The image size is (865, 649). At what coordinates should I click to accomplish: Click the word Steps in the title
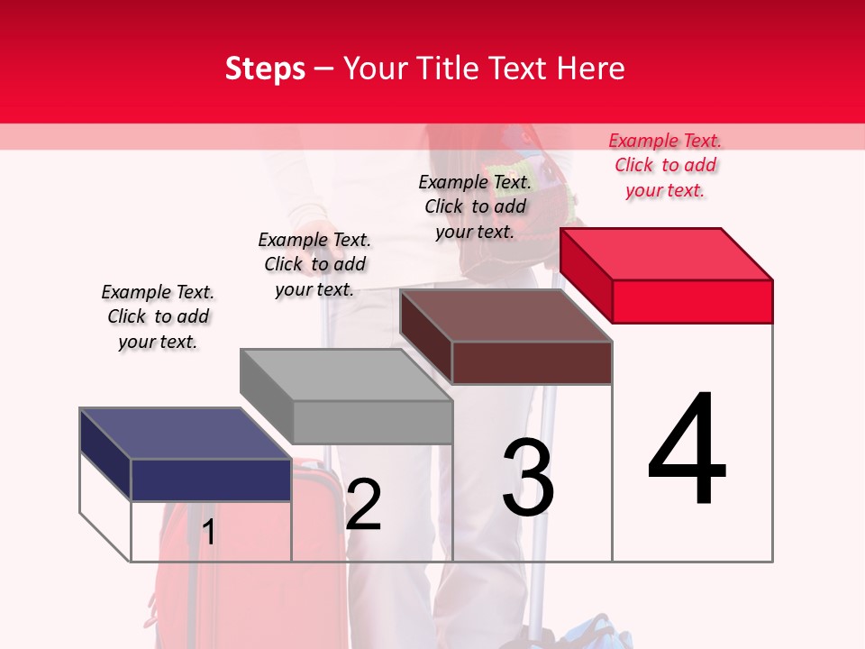point(265,69)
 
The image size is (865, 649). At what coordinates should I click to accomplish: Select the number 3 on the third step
point(528,478)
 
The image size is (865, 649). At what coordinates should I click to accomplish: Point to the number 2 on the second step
point(364,505)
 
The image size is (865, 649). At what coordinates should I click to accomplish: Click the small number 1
point(209,533)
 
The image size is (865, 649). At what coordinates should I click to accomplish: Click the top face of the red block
point(667,253)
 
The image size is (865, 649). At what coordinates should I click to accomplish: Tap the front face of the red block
point(692,301)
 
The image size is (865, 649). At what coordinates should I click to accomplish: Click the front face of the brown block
point(532,363)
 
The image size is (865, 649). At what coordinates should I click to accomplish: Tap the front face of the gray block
point(372,422)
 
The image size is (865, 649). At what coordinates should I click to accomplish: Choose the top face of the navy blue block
point(186,434)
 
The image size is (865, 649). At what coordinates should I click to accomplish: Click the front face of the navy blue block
point(211,480)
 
